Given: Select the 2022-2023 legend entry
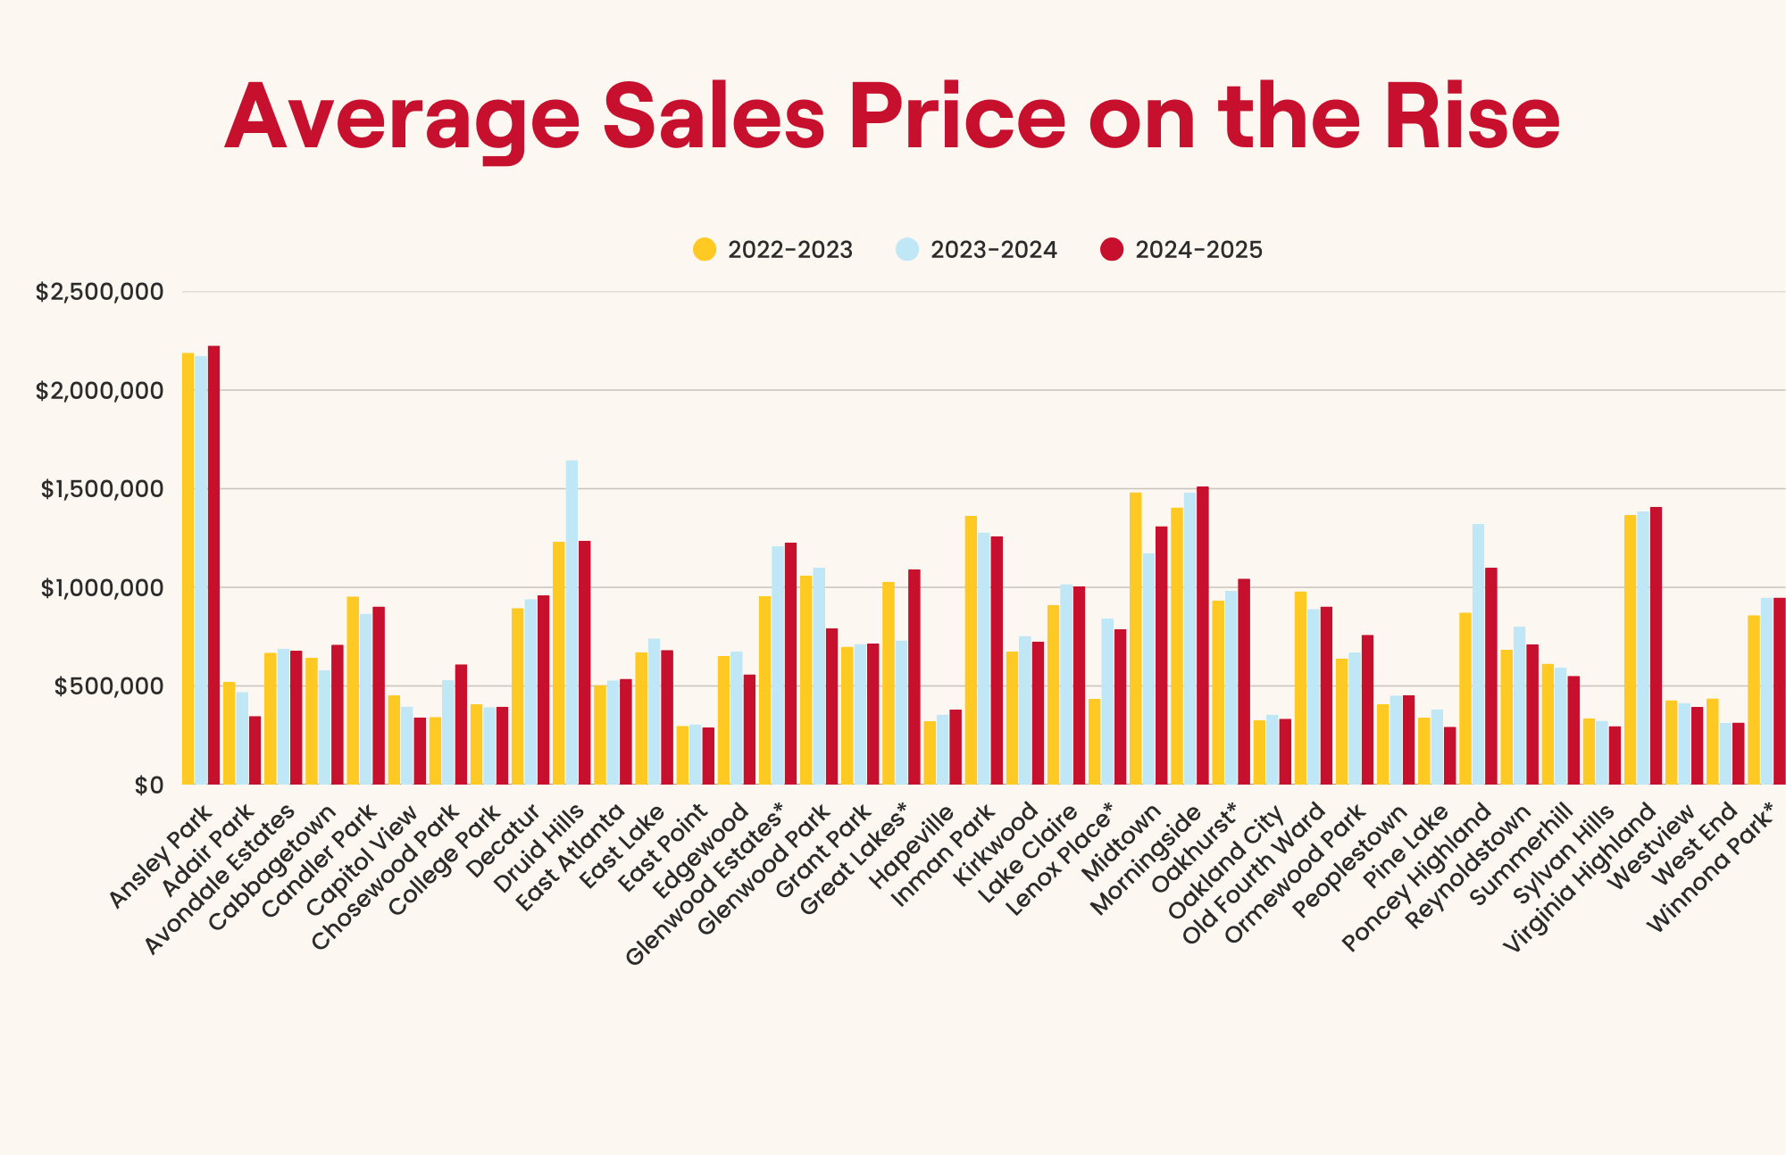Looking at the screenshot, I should (x=773, y=250).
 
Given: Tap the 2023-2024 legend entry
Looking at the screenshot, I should (x=976, y=250).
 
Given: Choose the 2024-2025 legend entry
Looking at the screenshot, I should (x=1181, y=250).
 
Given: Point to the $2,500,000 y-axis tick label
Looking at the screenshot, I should (x=99, y=292).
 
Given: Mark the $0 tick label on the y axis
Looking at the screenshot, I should (x=148, y=785).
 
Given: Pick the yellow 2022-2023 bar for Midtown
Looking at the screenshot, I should (x=1135, y=638).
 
